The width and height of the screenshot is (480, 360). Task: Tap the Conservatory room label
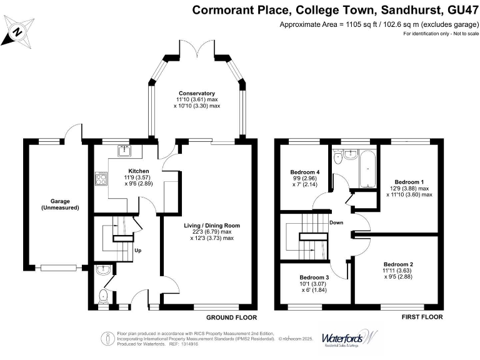[197, 93]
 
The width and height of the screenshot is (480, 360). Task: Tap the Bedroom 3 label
[313, 277]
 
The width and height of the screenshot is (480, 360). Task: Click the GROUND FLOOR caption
[222, 317]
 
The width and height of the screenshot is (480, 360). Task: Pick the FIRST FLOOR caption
[422, 317]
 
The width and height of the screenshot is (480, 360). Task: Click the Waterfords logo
[350, 338]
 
